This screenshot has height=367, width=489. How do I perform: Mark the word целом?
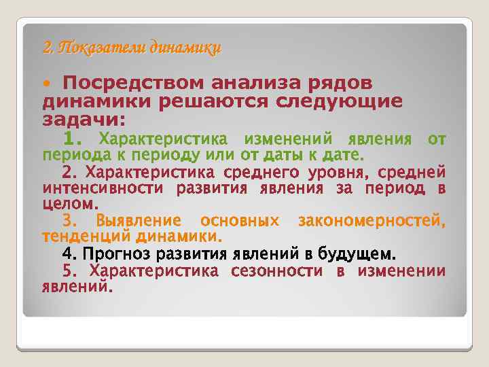coord(71,203)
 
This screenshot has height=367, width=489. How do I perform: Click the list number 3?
coord(71,221)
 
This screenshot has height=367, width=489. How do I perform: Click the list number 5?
coord(71,272)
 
